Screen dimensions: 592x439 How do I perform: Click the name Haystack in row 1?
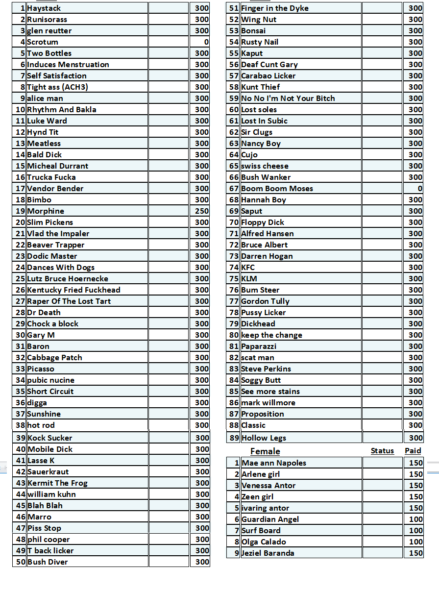[44, 8]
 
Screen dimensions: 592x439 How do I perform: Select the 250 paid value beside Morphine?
[202, 211]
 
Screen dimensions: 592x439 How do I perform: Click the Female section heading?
[265, 451]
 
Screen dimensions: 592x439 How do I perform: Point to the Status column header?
[382, 451]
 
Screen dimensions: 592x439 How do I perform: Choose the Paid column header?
[413, 451]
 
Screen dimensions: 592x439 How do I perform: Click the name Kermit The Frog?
[57, 483]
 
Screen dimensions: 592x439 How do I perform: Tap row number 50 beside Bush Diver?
[21, 562]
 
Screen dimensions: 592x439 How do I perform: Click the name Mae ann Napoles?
[274, 463]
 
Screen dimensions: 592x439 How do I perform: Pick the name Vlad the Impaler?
[58, 234]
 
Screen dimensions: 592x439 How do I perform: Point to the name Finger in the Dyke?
[275, 8]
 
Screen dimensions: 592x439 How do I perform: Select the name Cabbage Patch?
[54, 358]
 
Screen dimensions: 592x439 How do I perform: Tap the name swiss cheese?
[265, 166]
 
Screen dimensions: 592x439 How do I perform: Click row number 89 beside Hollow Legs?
[234, 438]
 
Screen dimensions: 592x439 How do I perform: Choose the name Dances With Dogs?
[61, 268]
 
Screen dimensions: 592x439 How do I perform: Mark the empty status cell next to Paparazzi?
[382, 346]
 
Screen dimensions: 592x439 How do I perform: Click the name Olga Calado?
[264, 542]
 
